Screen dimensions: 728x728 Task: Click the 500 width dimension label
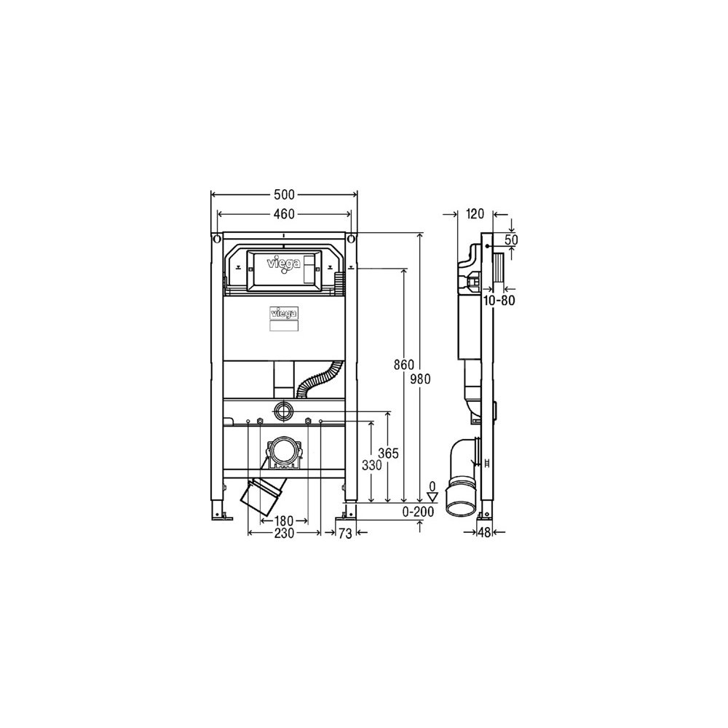[284, 194]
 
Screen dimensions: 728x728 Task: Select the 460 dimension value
[284, 213]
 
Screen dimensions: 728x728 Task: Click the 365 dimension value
[388, 453]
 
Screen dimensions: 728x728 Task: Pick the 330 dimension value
[372, 464]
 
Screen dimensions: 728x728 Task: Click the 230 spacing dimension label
[284, 534]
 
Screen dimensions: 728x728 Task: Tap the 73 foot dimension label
[345, 534]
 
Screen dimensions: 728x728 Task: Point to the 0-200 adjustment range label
[418, 512]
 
